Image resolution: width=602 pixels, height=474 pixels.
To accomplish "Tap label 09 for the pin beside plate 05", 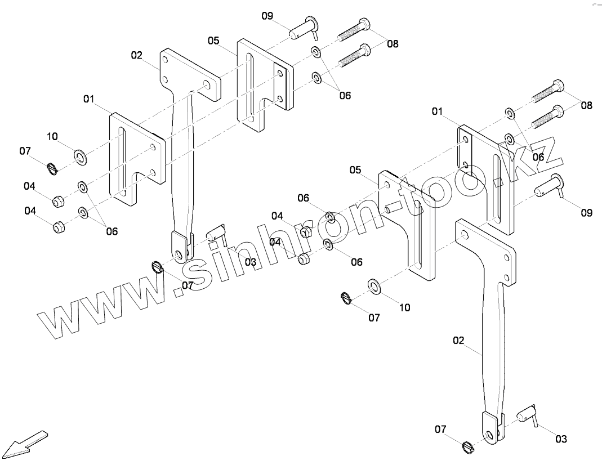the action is [x=267, y=15].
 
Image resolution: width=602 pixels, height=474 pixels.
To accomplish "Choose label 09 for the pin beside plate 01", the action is [x=586, y=213].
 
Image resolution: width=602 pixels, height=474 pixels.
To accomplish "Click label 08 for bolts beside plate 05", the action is [x=393, y=43].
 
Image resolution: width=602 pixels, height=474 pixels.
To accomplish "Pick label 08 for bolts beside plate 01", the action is [x=586, y=105].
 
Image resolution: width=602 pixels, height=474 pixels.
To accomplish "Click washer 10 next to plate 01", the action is [x=80, y=156].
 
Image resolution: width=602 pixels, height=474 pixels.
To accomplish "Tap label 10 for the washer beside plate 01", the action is [x=52, y=136].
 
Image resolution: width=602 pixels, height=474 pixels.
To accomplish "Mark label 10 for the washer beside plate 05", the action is [x=404, y=307].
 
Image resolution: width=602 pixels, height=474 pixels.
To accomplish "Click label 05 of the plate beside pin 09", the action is [x=213, y=41].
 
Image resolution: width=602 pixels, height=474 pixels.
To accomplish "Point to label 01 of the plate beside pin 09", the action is [x=438, y=111].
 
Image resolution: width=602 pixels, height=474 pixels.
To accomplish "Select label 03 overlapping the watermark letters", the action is [x=250, y=262].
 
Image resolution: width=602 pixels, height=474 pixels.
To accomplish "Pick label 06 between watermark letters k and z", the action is [x=538, y=157].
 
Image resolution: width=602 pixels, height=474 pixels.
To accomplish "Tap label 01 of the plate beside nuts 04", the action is [x=88, y=99].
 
